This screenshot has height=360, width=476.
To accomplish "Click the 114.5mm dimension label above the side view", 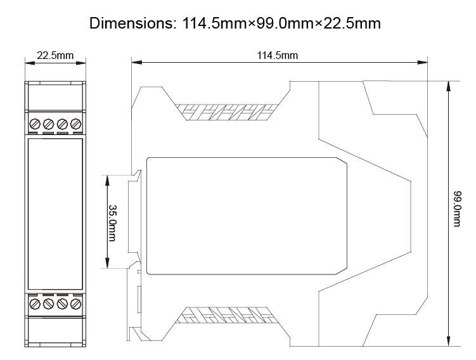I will pos(277,55).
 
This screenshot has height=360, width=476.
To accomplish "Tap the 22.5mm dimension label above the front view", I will pos(55,55).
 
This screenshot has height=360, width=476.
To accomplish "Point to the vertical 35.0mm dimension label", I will pos(112,222).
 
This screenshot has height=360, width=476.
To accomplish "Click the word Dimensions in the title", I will pos(129,24).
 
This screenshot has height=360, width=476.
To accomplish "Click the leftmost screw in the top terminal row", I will pos(35,123).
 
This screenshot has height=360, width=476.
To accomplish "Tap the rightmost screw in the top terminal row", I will pos(76,123).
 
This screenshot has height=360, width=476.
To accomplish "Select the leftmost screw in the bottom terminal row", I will pos(35,304).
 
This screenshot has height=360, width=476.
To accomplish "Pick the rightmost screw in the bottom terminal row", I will pos(76,304).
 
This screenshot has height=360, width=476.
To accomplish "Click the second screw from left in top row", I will pos(48,123).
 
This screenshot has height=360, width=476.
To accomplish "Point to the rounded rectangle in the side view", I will pos(247,215).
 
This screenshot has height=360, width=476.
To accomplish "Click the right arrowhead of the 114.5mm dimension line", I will pos(424,62).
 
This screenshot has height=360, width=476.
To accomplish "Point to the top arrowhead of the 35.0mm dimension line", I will pos(108,177).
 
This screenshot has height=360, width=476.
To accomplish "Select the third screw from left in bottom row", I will pos(62,304).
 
